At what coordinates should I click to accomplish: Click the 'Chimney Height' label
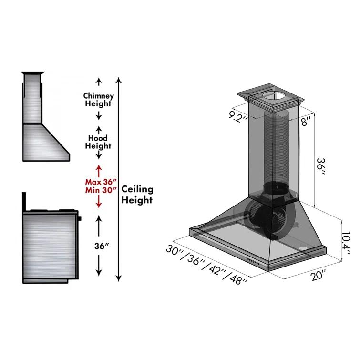(98, 99)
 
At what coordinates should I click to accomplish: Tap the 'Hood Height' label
(98, 142)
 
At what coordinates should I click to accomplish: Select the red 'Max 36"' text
(99, 182)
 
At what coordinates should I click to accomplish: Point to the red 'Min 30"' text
(99, 190)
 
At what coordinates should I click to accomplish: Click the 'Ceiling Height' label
(137, 195)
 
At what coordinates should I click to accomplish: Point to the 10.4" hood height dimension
(347, 242)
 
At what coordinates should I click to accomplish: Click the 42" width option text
(217, 268)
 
